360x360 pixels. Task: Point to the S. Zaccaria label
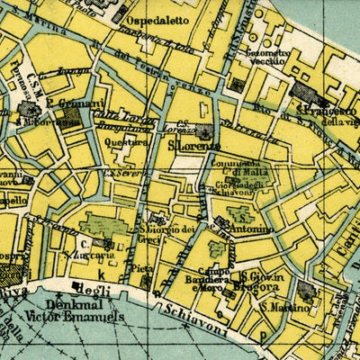click(x=79, y=254)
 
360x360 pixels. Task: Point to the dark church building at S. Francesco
click(x=302, y=91)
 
